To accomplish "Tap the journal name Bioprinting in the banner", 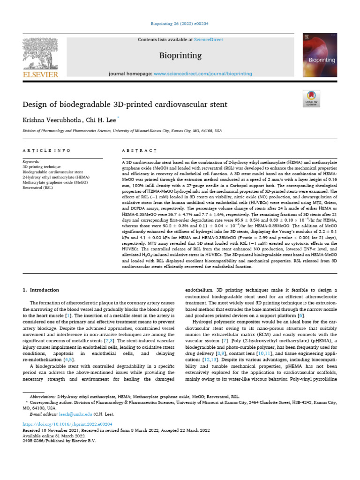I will tap(180, 56).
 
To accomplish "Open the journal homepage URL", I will tap(202, 74).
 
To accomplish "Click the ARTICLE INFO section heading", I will tap(47, 150).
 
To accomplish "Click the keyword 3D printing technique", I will tap(42, 166).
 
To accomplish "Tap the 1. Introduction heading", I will tap(41, 290).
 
